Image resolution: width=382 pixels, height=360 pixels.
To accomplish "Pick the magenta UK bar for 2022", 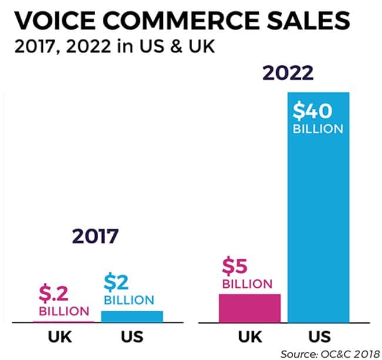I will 249,308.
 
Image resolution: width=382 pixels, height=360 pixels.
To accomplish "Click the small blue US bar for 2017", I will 132,316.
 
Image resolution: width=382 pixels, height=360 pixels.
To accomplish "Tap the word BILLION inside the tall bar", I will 317,128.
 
